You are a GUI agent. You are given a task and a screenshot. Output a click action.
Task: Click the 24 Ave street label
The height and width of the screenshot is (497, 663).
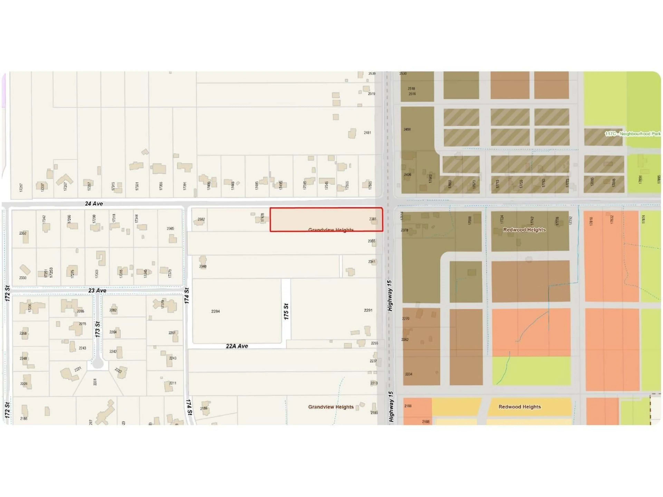coord(94,204)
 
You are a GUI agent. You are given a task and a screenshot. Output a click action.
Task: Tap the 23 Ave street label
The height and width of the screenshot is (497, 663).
coord(97,291)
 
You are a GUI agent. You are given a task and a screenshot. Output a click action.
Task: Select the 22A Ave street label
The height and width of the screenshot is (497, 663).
coord(237,346)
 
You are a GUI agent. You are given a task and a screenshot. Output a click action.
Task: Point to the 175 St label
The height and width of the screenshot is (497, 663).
coord(286,311)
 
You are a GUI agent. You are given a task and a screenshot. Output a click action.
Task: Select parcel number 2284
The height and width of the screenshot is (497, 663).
coord(215,311)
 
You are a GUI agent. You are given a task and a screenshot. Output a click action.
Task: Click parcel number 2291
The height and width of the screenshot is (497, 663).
coord(368,310)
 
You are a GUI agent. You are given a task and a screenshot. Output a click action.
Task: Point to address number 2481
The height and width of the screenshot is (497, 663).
coord(367,133)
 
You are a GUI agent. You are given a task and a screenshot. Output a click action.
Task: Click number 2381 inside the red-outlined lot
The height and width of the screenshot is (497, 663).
coord(373,219)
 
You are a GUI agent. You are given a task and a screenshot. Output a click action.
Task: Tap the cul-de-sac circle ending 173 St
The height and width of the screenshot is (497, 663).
coord(97,364)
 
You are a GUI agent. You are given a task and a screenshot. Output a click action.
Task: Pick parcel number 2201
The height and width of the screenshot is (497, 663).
coord(95,382)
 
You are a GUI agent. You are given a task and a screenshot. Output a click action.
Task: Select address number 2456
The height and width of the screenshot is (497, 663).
coord(407,129)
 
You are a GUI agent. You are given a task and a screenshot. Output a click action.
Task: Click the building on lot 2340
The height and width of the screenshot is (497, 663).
coord(203,259)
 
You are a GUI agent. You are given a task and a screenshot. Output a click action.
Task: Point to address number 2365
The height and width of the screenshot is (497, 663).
coord(170,229)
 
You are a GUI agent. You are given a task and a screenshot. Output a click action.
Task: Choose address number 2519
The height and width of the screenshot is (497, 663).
coord(371,94)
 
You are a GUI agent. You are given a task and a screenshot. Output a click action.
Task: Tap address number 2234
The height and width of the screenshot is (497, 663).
coord(409,374)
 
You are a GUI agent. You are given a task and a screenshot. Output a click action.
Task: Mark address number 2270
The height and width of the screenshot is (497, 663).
coord(406,319)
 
